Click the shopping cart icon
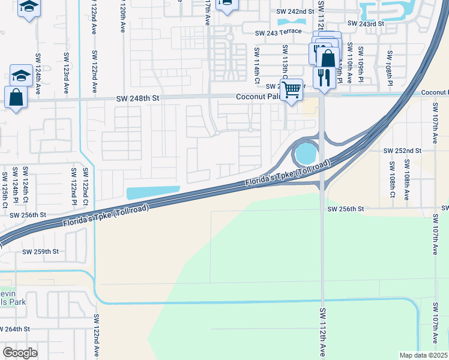[291, 91]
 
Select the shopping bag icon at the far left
[16, 97]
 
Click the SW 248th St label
[136, 98]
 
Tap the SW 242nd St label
[295, 11]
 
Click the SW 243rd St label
[364, 24]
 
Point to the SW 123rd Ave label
[66, 73]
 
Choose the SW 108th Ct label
[391, 179]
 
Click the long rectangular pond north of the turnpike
[153, 192]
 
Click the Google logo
[19, 353]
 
